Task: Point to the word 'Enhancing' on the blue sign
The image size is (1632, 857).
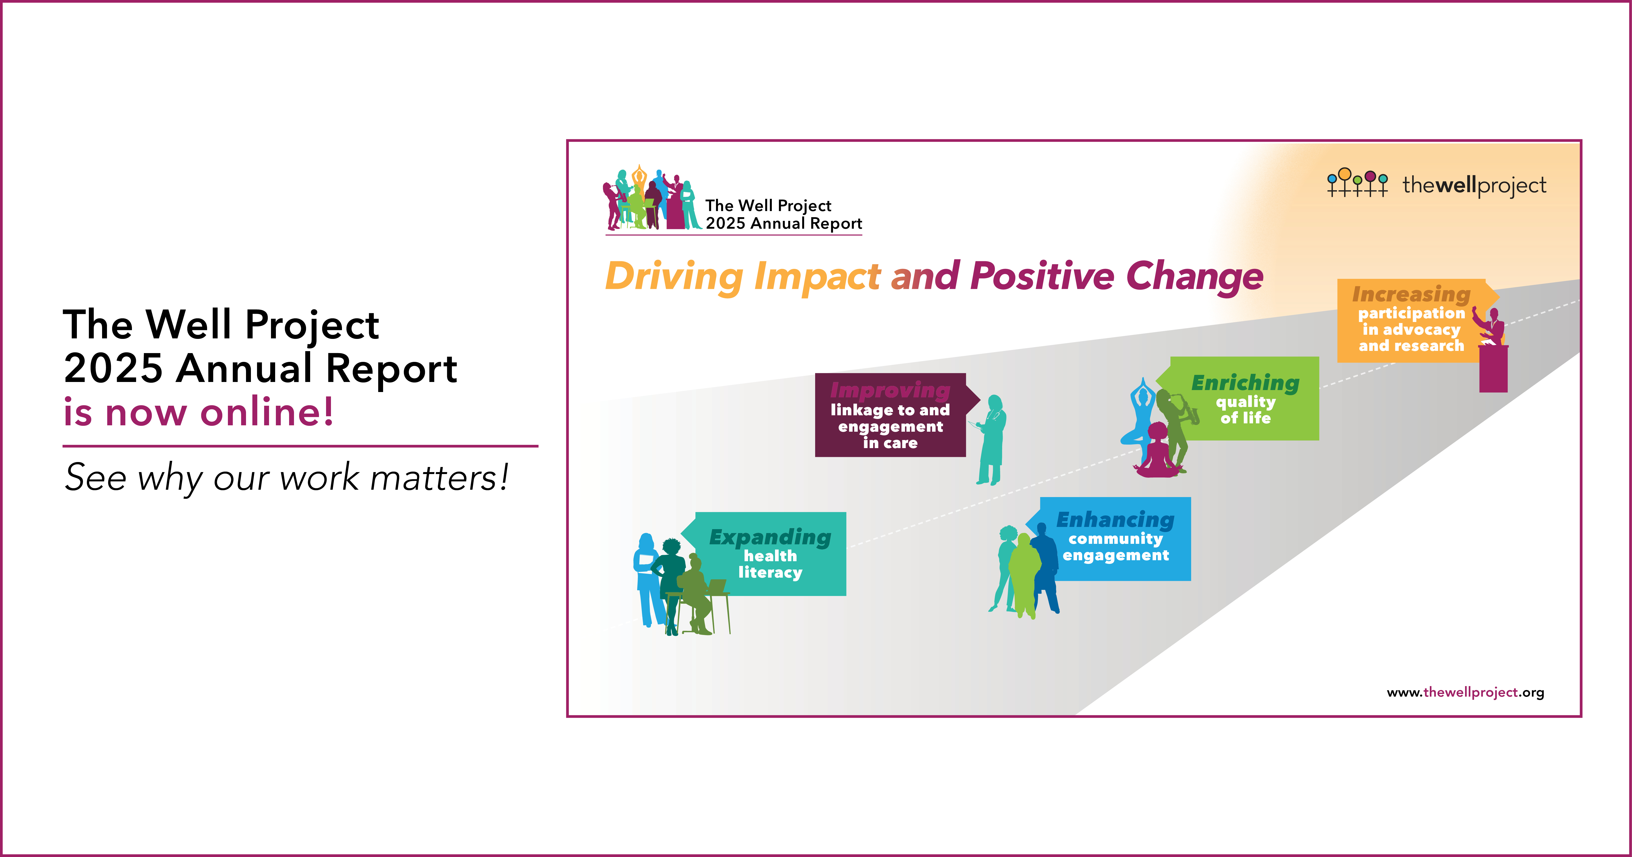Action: coord(1115,520)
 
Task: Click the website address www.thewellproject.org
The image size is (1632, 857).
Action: coord(1465,692)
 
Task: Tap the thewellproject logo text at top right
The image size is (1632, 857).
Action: coord(1474,185)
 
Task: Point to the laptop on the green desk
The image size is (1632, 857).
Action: coord(716,586)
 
